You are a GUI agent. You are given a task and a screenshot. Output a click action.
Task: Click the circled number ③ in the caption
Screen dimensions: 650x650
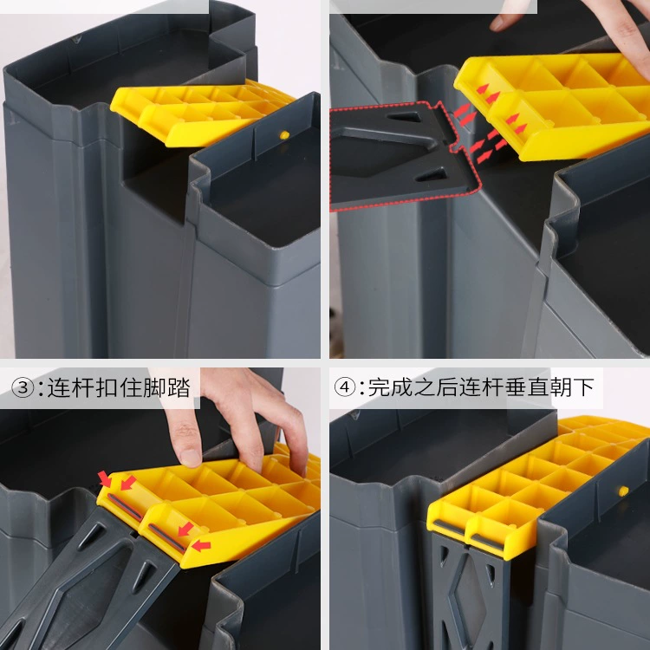click(23, 388)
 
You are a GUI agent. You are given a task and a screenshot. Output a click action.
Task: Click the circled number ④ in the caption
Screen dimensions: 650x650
click(344, 387)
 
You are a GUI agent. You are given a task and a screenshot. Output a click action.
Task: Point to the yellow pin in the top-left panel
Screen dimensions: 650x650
click(284, 134)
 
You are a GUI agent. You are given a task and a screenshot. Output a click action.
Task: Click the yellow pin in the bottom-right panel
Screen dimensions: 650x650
click(623, 491)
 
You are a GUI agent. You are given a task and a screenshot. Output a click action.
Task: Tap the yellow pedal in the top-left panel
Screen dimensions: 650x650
click(199, 114)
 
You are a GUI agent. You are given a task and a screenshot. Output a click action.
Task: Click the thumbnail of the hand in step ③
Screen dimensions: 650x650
click(192, 458)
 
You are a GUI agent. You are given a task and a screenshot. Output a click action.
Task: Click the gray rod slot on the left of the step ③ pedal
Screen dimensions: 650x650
click(125, 507)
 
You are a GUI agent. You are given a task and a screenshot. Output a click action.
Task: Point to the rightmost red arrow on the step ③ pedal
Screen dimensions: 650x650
click(201, 546)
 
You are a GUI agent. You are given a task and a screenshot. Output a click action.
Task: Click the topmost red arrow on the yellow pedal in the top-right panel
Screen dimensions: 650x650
click(482, 88)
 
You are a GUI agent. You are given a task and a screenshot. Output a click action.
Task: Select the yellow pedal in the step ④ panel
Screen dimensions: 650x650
click(535, 485)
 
